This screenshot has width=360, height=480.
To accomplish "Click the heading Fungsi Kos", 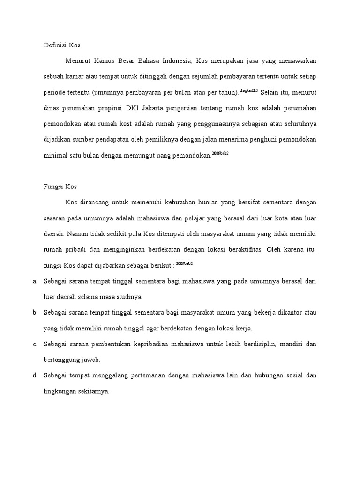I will point(60,187).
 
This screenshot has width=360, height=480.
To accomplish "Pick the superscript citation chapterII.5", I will point(249,90).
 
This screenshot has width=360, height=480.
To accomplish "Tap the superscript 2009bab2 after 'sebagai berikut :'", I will point(184,263).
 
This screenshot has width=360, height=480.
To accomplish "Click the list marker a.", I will point(35,281).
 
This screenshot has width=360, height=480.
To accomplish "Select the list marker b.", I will point(35,313).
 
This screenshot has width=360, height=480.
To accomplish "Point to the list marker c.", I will point(35,344).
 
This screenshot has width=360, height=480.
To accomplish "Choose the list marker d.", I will point(35,376).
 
